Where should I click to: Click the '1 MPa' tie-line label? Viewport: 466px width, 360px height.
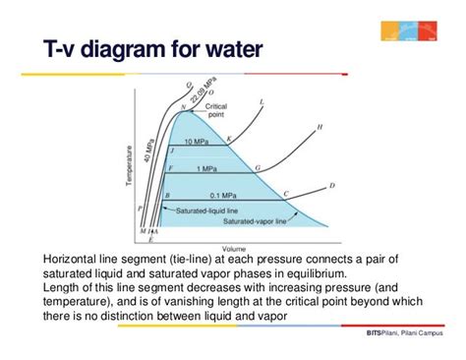tap(207, 169)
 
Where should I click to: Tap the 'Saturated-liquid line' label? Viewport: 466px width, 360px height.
tap(198, 210)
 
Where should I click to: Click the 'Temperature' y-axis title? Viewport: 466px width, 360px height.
tap(129, 166)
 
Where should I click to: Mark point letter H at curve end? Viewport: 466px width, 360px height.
tap(320, 127)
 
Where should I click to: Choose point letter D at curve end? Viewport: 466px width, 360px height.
tap(331, 185)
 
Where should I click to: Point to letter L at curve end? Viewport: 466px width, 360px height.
tap(261, 101)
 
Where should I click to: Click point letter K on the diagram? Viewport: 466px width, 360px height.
tap(229, 139)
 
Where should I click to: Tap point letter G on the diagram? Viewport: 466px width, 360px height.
tap(258, 168)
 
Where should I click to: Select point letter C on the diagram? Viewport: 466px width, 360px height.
tap(286, 194)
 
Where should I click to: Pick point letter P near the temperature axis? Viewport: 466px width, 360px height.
tap(141, 209)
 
